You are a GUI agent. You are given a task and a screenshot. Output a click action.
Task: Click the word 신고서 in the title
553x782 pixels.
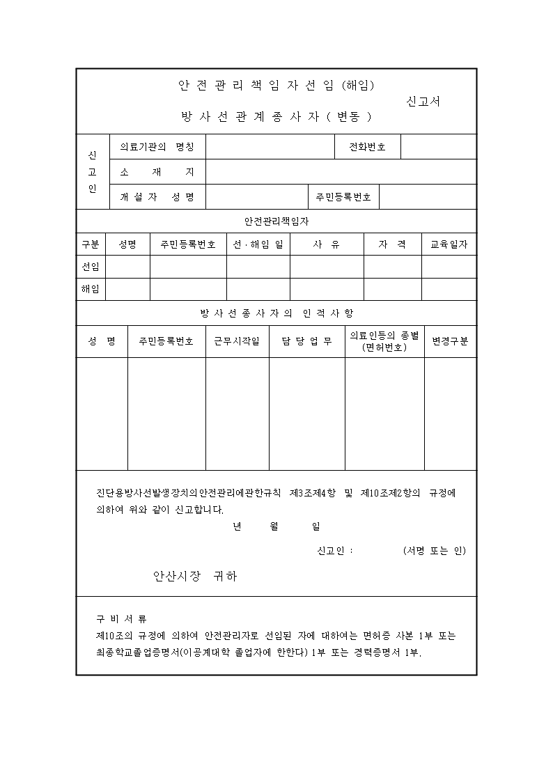point(423,101)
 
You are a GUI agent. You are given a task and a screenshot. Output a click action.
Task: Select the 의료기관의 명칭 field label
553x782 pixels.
point(157,147)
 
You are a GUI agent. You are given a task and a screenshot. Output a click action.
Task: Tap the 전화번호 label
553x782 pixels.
point(367,147)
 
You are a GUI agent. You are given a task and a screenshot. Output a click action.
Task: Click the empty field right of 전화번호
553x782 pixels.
point(438,147)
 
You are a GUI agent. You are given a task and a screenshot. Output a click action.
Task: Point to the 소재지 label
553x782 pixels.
point(157,172)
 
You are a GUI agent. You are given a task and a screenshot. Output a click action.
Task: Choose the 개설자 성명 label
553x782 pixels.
point(157,197)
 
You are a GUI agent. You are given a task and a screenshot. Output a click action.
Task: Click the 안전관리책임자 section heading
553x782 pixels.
point(276,221)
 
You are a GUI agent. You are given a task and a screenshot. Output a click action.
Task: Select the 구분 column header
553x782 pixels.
point(91,244)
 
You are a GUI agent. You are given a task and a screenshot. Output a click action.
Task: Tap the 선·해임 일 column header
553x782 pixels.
point(258,244)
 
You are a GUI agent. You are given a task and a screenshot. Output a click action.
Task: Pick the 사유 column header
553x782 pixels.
point(327,244)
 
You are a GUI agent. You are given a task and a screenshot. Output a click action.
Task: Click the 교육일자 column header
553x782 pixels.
point(449,244)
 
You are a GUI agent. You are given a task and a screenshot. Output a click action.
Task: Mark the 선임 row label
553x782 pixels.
point(91,267)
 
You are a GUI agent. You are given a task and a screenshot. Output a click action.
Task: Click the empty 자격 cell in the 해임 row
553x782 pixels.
point(392,289)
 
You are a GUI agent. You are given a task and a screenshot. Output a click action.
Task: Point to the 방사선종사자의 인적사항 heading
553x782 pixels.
point(276,313)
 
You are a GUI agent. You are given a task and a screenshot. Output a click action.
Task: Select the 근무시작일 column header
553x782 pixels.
point(237,341)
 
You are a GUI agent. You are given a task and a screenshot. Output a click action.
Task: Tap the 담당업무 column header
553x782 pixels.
point(306,341)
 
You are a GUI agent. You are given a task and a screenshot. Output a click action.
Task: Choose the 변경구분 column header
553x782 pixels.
point(450,341)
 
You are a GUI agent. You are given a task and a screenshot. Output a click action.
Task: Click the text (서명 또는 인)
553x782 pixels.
point(434,551)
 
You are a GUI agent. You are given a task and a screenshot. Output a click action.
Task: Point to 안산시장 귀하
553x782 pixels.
point(195,576)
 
